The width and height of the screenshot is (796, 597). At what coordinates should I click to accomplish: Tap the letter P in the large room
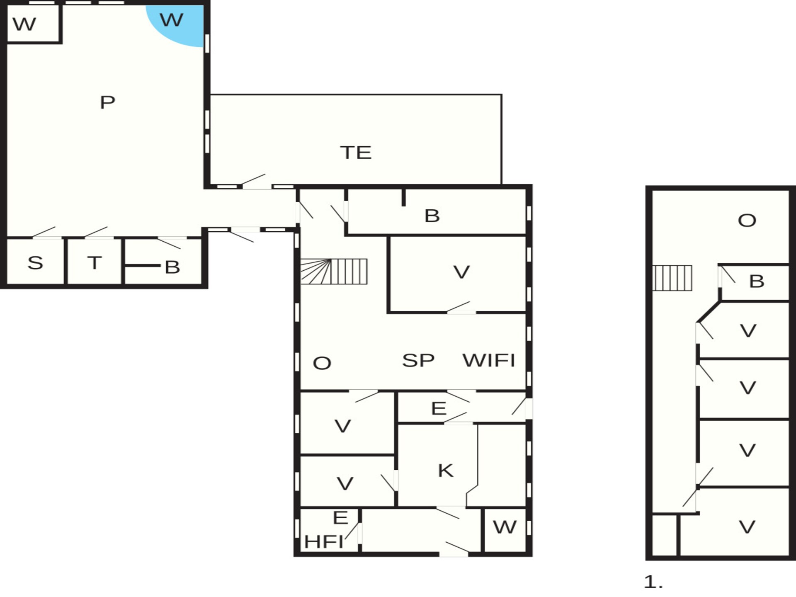click(107, 102)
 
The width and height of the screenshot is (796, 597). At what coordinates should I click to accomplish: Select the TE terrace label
click(356, 153)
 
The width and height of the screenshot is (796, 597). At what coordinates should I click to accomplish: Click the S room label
click(35, 263)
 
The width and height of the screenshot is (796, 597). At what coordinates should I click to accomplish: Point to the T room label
click(95, 263)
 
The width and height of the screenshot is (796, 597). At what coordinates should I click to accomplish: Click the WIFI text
click(489, 360)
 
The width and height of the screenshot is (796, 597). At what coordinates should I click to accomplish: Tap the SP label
click(418, 360)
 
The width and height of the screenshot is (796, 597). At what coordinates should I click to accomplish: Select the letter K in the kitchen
click(446, 471)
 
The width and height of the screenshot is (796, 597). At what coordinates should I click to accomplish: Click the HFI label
click(324, 541)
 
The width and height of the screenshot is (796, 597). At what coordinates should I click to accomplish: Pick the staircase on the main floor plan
click(334, 272)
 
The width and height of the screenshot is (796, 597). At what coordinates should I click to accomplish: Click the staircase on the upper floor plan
click(672, 278)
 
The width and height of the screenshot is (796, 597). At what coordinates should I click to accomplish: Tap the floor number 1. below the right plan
click(653, 582)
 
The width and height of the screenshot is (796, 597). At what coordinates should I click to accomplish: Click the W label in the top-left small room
click(24, 24)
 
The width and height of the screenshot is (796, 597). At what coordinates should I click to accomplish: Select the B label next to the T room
click(172, 267)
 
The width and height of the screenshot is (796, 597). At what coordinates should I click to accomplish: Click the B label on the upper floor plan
click(757, 281)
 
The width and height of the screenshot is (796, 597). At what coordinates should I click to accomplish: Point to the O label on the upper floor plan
click(747, 221)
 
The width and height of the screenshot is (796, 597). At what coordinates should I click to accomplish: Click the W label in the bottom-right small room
click(505, 527)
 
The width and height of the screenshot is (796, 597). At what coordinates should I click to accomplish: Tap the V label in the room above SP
click(461, 272)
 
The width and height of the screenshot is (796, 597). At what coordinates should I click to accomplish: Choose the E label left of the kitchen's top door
click(439, 409)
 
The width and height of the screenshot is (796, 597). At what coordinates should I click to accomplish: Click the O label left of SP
click(322, 363)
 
